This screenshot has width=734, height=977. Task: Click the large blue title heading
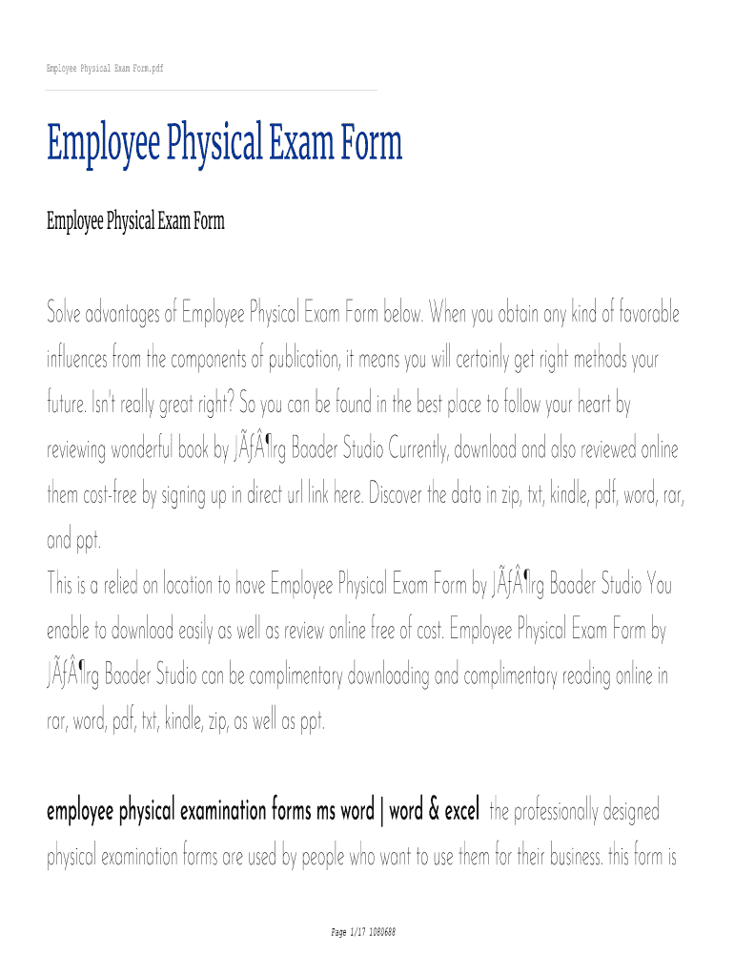click(225, 144)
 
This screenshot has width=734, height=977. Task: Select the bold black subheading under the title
click(135, 222)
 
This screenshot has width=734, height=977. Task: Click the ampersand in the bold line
click(433, 812)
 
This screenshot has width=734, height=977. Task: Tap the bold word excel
click(460, 812)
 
